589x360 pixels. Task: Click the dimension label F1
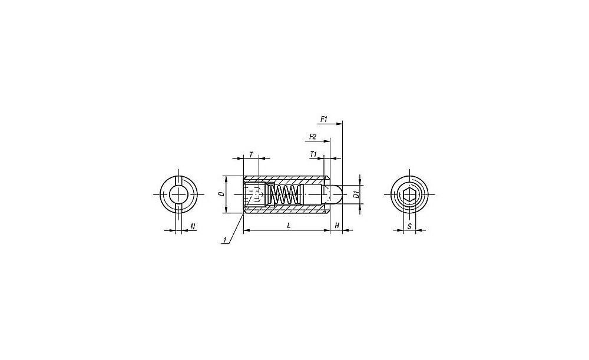point(324,119)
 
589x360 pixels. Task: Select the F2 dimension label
point(313,137)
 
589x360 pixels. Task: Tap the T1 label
point(314,154)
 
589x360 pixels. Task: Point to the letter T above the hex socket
point(252,154)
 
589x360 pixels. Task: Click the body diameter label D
point(221,194)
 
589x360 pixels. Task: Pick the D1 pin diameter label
point(356,194)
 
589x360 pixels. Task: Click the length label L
point(289,226)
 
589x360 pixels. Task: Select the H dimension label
point(337,226)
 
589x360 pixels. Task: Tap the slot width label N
point(193,226)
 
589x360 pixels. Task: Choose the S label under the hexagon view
point(409,226)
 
